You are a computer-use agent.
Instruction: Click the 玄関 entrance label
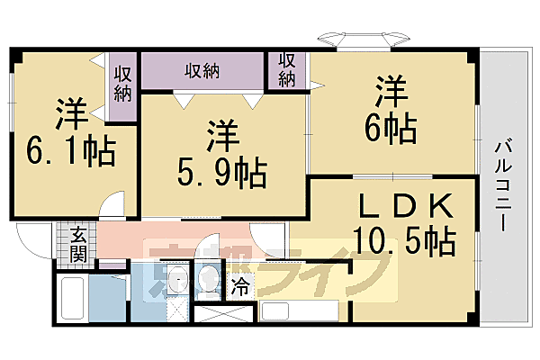[79, 243]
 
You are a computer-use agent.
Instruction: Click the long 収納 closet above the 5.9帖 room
[204, 70]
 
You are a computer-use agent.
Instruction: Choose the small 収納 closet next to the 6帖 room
[287, 70]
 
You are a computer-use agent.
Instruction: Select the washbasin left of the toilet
[176, 282]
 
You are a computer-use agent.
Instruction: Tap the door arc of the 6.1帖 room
[112, 205]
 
